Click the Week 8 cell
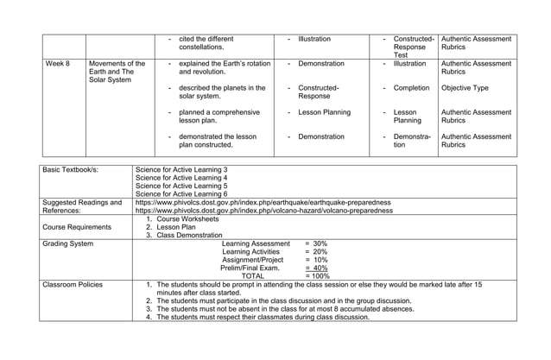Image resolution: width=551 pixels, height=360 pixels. pos(58,64)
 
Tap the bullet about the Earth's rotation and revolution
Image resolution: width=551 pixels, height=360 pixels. pos(224,68)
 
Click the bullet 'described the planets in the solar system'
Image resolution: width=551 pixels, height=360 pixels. pos(221,92)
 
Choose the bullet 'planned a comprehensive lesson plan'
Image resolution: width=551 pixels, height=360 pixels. pos(216,117)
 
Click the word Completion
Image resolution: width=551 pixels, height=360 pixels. pos(411,88)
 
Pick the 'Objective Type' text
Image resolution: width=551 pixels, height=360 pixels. pos(464,88)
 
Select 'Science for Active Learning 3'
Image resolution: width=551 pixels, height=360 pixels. pos(181,170)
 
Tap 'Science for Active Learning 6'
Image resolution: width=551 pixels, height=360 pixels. pos(181,194)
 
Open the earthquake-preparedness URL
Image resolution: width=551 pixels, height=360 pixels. pos(263,203)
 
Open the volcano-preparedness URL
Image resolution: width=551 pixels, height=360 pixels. pos(263,211)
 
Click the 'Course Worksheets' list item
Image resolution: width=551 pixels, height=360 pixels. pos(187,219)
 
